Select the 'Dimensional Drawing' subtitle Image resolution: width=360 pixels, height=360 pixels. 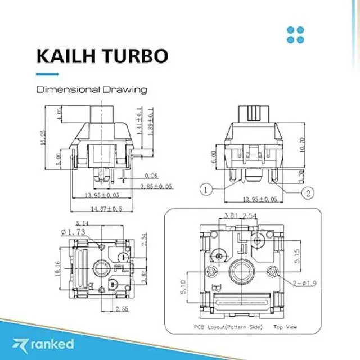point(92,89)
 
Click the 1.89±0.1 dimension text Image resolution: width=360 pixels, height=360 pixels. point(151,120)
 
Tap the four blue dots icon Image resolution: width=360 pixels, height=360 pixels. point(295,34)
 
